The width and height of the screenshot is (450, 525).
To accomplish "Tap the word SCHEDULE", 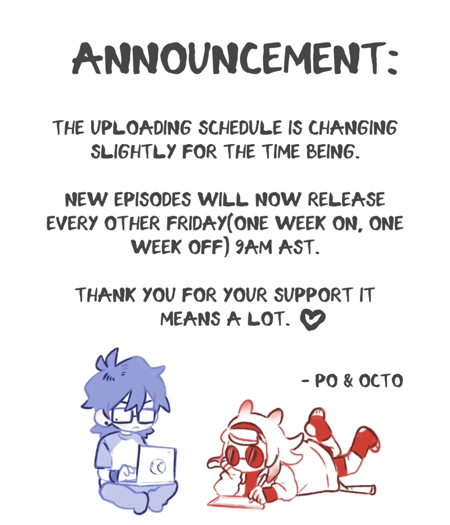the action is (x=240, y=128).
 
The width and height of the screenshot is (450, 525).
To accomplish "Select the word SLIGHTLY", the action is (x=133, y=152).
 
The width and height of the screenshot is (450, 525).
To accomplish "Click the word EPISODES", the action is (x=152, y=200).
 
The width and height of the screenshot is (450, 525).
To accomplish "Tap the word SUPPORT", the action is (x=313, y=295).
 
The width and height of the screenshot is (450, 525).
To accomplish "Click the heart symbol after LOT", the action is (x=313, y=319).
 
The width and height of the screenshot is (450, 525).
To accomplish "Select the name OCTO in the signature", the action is (x=381, y=381).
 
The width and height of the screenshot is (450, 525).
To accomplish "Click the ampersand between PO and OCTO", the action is (x=348, y=381).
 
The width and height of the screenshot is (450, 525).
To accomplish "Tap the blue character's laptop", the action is (x=157, y=465).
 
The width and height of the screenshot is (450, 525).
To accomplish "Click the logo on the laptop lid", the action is (x=157, y=466).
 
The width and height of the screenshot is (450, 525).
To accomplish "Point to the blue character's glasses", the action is (x=133, y=416).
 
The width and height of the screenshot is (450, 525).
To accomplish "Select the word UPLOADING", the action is (x=141, y=128).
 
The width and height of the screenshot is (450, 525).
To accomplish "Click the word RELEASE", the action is (x=346, y=200).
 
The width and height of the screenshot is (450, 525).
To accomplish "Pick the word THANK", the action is (x=106, y=295).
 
